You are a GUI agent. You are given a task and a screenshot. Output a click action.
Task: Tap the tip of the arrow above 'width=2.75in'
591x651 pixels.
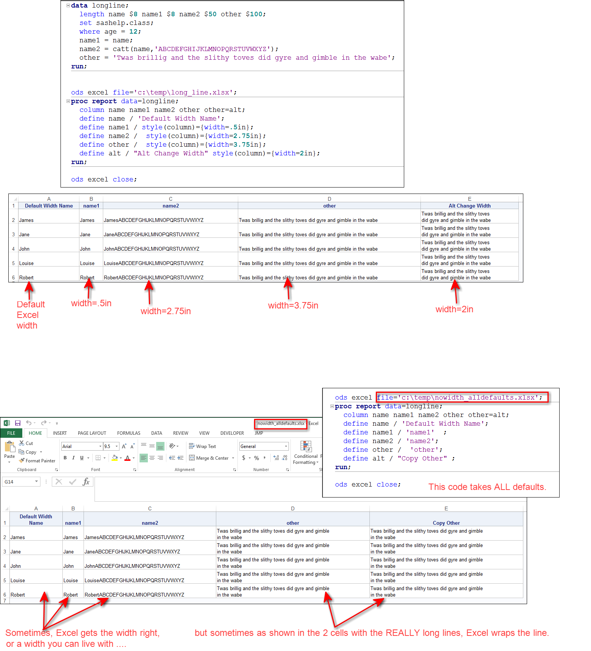[149, 280]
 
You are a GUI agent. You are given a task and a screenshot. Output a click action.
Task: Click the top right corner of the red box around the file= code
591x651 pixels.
[548, 392]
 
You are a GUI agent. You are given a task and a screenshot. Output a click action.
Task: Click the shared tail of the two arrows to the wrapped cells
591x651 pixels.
[335, 627]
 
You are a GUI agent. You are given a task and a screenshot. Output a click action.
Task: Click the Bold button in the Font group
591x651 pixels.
[65, 458]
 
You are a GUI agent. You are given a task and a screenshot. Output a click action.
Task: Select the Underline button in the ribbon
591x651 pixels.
[82, 458]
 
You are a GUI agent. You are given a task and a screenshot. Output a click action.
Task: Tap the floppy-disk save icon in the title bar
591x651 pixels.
[18, 423]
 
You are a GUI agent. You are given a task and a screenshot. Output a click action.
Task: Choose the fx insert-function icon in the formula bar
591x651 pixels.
[86, 482]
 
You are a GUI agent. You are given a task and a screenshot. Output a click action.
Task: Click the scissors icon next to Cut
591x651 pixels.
[22, 443]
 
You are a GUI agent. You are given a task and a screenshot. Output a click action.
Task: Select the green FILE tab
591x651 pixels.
[11, 433]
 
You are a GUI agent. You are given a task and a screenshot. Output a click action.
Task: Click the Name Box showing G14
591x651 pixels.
[21, 482]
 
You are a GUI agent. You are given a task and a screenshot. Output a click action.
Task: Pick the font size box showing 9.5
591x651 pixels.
[111, 446]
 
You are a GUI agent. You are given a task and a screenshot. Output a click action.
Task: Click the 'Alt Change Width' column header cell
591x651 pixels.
[470, 206]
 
